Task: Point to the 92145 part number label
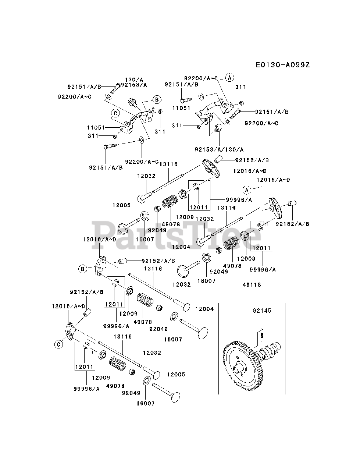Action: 262,311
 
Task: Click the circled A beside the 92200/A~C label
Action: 229,78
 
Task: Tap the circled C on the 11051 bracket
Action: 115,113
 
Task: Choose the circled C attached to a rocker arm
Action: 58,344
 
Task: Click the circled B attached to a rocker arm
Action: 83,269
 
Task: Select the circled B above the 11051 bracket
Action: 157,99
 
